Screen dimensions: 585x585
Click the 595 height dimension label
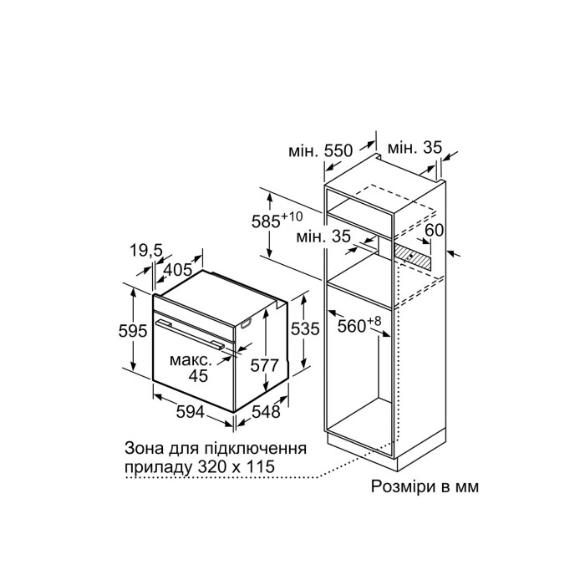pyautogui.click(x=133, y=331)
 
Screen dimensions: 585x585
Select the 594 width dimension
pyautogui.click(x=191, y=412)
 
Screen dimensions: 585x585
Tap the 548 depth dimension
pyautogui.click(x=266, y=412)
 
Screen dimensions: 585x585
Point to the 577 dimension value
pyautogui.click(x=265, y=365)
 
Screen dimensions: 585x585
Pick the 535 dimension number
pyautogui.click(x=305, y=328)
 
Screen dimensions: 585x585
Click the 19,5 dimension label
pyautogui.click(x=146, y=251)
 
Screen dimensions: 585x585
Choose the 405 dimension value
pyautogui.click(x=178, y=269)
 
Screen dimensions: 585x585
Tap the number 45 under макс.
pyautogui.click(x=198, y=376)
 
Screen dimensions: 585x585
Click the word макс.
pyautogui.click(x=191, y=360)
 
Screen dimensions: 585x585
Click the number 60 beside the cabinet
pyautogui.click(x=435, y=230)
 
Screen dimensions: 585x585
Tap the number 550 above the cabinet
pyautogui.click(x=338, y=150)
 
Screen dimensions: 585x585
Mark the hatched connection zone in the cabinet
pyautogui.click(x=412, y=258)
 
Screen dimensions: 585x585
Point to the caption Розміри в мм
pyautogui.click(x=425, y=486)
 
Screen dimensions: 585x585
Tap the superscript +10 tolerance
pyautogui.click(x=292, y=216)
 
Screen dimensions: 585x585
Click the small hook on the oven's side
pyautogui.click(x=246, y=325)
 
